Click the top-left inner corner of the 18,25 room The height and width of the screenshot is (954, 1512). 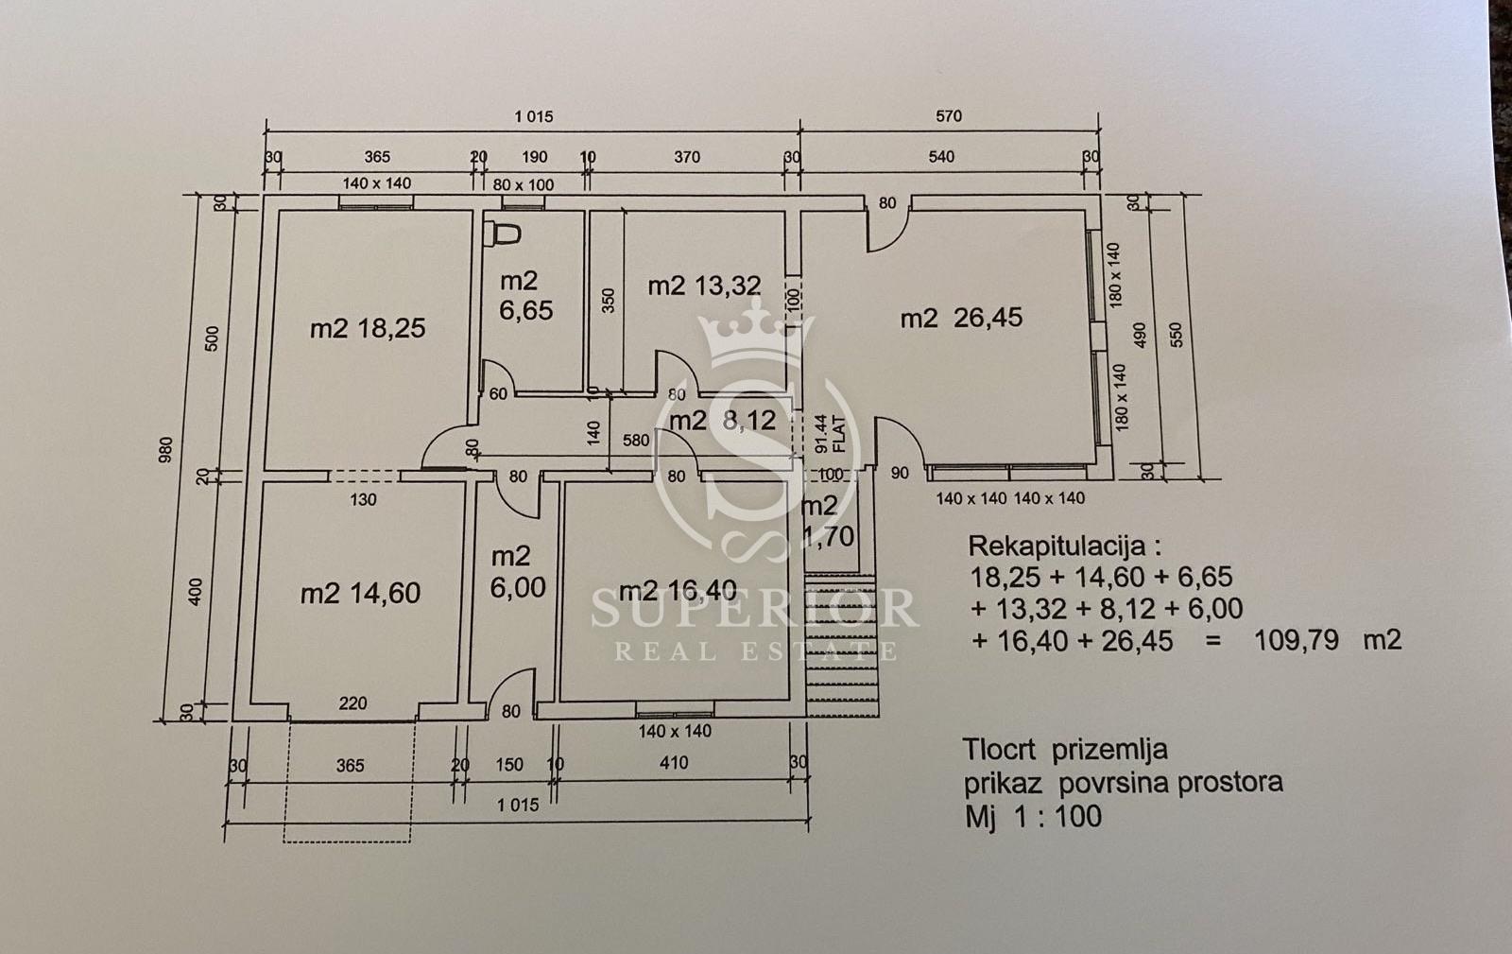[x=279, y=211]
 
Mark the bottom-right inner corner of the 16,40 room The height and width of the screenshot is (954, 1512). [x=789, y=701]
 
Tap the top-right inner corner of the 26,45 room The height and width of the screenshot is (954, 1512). [x=1086, y=211]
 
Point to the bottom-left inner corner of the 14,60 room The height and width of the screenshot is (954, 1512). [x=251, y=703]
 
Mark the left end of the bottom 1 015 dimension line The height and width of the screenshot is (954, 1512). [x=224, y=823]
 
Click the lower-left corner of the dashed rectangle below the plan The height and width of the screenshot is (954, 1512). [x=284, y=841]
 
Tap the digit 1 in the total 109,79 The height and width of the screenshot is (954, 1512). [x=1261, y=640]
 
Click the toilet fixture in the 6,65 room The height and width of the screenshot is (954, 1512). [x=503, y=234]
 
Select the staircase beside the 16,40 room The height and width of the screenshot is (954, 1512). [x=842, y=645]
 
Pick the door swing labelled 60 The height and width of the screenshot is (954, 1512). [x=498, y=376]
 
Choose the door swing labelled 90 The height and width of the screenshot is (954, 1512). [x=900, y=442]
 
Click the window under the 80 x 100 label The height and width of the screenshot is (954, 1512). [x=524, y=202]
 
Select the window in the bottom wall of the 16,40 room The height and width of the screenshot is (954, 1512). [x=675, y=710]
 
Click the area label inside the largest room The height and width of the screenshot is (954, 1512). [x=961, y=318]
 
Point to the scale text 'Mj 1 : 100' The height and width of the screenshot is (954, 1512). [x=1034, y=816]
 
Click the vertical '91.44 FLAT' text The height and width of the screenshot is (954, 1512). [x=831, y=433]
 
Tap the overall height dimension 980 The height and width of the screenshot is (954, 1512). [x=165, y=450]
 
